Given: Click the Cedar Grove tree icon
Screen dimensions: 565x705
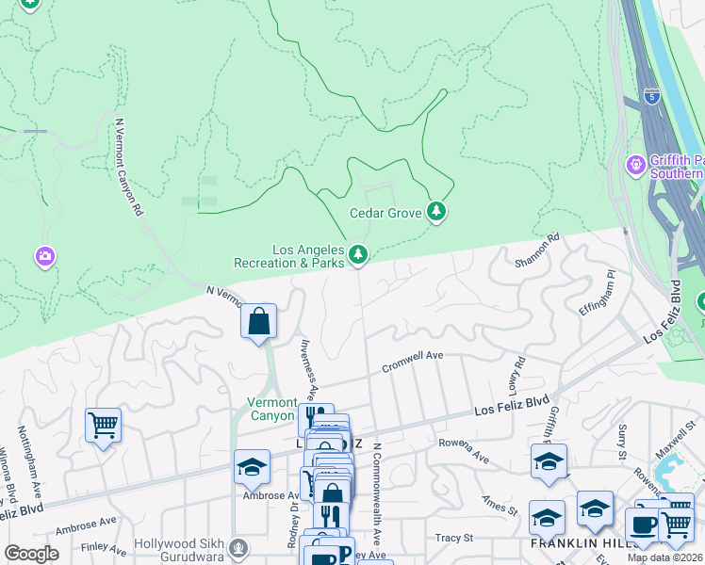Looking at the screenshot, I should click(435, 213).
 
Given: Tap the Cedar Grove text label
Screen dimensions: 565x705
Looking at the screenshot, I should click(385, 214).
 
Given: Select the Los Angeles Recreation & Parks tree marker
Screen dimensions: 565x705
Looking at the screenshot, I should click(358, 254).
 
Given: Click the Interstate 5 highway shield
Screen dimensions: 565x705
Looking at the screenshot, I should click(653, 96).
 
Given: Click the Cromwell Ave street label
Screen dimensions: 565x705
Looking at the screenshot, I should click(412, 363).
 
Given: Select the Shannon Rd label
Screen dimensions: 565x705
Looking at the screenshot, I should click(537, 250).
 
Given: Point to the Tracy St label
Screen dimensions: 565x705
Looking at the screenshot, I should click(453, 538).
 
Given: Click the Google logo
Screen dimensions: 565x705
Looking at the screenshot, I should click(31, 553).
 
